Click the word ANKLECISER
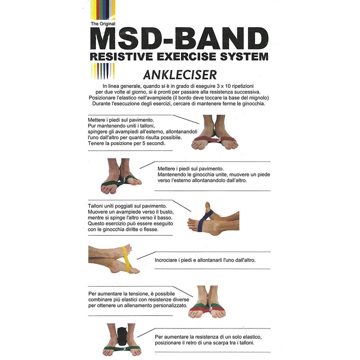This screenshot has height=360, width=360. point(179,74)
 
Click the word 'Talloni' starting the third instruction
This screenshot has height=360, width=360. point(98,206)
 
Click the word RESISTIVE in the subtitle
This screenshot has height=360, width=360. point(118,57)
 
